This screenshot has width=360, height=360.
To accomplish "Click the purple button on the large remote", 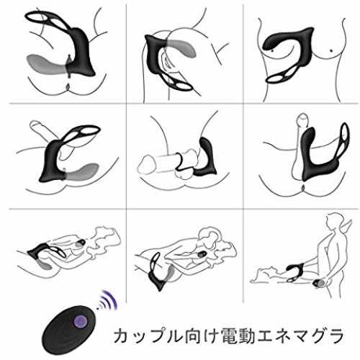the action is [81, 322].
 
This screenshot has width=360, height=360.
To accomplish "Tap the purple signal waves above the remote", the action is [107, 300].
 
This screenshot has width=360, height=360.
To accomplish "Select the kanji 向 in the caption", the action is [191, 336].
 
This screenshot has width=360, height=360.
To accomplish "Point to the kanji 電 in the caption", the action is [229, 336].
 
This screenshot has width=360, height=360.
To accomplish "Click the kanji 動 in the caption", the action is [246, 336].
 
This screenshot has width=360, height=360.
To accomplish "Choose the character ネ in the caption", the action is [282, 336].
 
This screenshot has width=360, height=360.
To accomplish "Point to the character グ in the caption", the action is [318, 336].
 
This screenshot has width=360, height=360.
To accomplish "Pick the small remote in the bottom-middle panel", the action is [202, 254].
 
